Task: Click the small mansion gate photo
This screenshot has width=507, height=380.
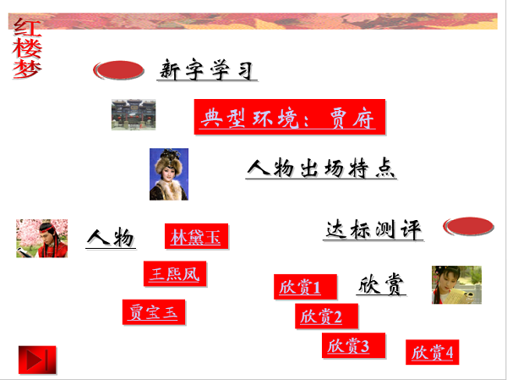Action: pos(134,114)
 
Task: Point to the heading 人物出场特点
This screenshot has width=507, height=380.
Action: pos(321,168)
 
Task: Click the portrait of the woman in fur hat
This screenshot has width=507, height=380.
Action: pos(169,174)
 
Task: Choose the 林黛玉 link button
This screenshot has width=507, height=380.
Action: pos(196,236)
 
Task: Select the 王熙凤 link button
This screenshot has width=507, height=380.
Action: pos(175,273)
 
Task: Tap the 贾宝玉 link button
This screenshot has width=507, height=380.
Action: pos(154,311)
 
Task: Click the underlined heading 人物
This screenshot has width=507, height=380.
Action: pos(111,238)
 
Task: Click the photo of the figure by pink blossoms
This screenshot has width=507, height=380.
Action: pos(41,238)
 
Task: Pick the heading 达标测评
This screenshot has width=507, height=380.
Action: pos(373,229)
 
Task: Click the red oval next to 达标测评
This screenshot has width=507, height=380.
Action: pos(468,227)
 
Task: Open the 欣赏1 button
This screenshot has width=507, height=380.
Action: pos(300,287)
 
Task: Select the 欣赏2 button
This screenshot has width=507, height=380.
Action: pos(321,316)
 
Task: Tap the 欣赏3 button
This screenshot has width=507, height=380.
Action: pos(348,345)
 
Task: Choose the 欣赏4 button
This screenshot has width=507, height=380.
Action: pos(433,351)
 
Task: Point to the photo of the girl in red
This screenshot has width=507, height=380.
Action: pos(456,284)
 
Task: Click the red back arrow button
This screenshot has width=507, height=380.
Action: pos(36,360)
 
